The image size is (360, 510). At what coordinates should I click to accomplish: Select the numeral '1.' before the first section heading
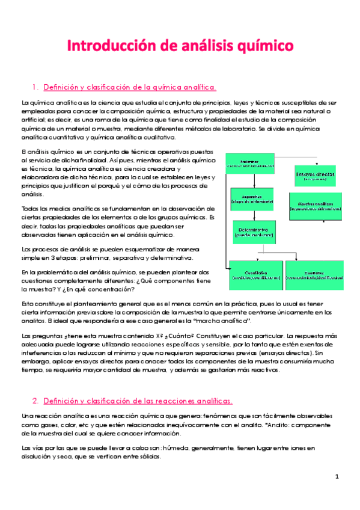coord(35,87)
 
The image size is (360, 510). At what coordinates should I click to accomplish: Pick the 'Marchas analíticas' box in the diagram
coord(316,206)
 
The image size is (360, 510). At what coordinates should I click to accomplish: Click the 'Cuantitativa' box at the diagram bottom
coord(255,275)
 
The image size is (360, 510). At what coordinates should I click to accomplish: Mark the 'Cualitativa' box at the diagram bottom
coord(316,275)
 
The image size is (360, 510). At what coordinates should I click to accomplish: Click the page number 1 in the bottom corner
coord(338,476)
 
